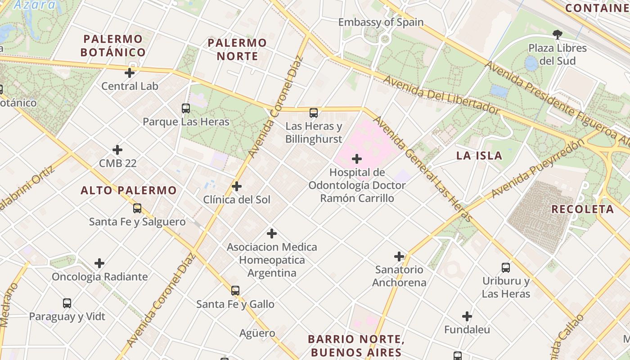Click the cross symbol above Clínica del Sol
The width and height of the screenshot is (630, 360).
[237, 186]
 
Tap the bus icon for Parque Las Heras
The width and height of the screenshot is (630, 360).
[186, 108]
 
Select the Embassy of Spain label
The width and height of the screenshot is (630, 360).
[381, 22]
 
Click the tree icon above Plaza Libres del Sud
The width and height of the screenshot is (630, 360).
[557, 35]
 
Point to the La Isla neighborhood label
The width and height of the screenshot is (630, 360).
[479, 156]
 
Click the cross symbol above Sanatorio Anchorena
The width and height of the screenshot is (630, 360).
[399, 256]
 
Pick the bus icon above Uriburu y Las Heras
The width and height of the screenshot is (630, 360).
[506, 268]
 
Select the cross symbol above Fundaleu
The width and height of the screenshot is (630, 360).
[467, 316]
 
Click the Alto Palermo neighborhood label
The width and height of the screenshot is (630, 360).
[129, 190]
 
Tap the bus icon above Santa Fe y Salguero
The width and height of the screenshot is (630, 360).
[137, 208]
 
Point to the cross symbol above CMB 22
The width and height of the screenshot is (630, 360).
[117, 150]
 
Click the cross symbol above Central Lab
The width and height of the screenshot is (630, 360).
[130, 72]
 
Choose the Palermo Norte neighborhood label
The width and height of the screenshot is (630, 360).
[237, 49]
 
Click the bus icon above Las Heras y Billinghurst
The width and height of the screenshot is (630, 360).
[314, 113]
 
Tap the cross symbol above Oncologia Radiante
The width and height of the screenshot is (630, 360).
[99, 263]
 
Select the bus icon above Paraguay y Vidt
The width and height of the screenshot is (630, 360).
[67, 303]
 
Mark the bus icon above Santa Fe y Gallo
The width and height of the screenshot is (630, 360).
[235, 291]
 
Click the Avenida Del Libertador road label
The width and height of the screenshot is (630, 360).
[441, 96]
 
